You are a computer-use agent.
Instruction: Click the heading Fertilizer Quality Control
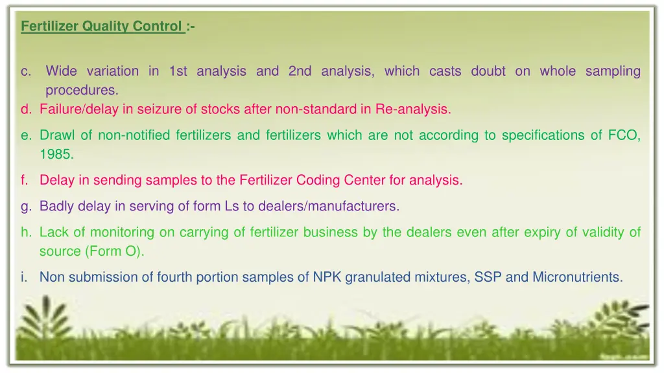102,27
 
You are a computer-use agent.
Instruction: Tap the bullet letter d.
25,109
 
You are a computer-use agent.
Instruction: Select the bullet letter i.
23,278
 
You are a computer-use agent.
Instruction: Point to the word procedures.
82,90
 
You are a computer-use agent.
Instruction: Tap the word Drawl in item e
56,135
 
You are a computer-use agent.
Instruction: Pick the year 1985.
56,155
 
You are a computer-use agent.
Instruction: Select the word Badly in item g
57,207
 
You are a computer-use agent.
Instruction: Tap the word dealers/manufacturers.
329,207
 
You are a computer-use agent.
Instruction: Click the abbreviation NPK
327,277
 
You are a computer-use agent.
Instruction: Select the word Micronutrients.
577,277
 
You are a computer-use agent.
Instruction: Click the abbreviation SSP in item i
488,277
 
